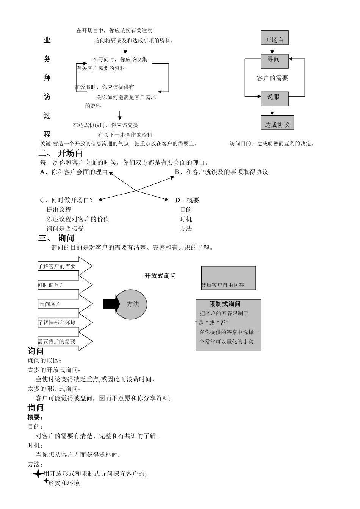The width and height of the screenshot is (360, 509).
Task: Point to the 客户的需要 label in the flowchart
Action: click(x=272, y=78)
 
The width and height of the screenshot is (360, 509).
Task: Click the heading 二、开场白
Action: click(x=61, y=153)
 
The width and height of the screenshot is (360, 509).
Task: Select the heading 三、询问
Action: click(x=56, y=238)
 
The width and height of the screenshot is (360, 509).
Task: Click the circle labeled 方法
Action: click(x=131, y=304)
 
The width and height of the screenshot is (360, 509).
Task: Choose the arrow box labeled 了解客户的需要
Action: click(x=64, y=266)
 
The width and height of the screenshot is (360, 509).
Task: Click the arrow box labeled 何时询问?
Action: click(x=64, y=285)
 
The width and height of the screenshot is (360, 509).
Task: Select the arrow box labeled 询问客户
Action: click(x=64, y=304)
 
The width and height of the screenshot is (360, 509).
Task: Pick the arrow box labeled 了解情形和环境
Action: click(x=64, y=323)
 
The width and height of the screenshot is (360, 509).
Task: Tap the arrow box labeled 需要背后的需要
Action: click(x=64, y=342)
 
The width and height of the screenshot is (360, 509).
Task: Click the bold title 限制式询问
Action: click(x=225, y=304)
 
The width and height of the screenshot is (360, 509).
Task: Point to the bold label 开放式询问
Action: click(x=160, y=276)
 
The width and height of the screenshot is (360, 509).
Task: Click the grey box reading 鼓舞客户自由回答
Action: click(x=228, y=278)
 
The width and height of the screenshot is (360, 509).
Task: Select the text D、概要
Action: click(x=187, y=200)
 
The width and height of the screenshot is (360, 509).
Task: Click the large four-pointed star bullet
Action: click(x=38, y=474)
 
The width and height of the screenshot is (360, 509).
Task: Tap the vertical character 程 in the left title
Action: click(x=47, y=134)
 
